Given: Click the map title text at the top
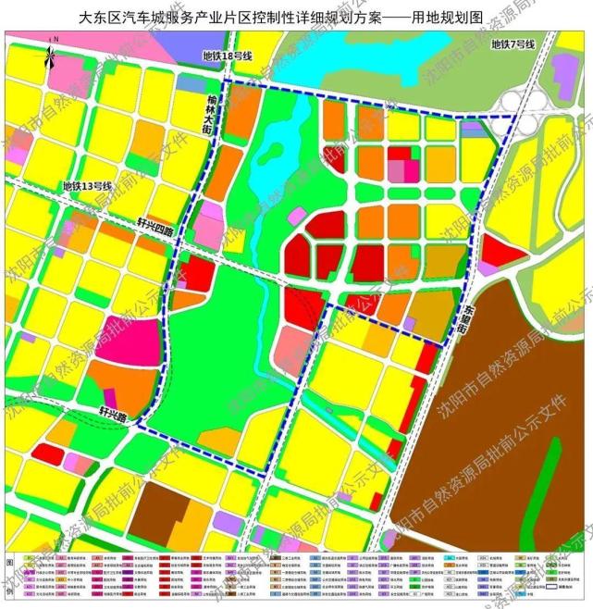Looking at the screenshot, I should coord(296,17).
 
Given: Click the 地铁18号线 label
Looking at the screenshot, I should coord(229,56).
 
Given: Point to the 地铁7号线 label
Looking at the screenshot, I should coord(513,44).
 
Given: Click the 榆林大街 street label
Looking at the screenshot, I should coord(209,117).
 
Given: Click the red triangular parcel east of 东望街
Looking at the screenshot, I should coord(500,251).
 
